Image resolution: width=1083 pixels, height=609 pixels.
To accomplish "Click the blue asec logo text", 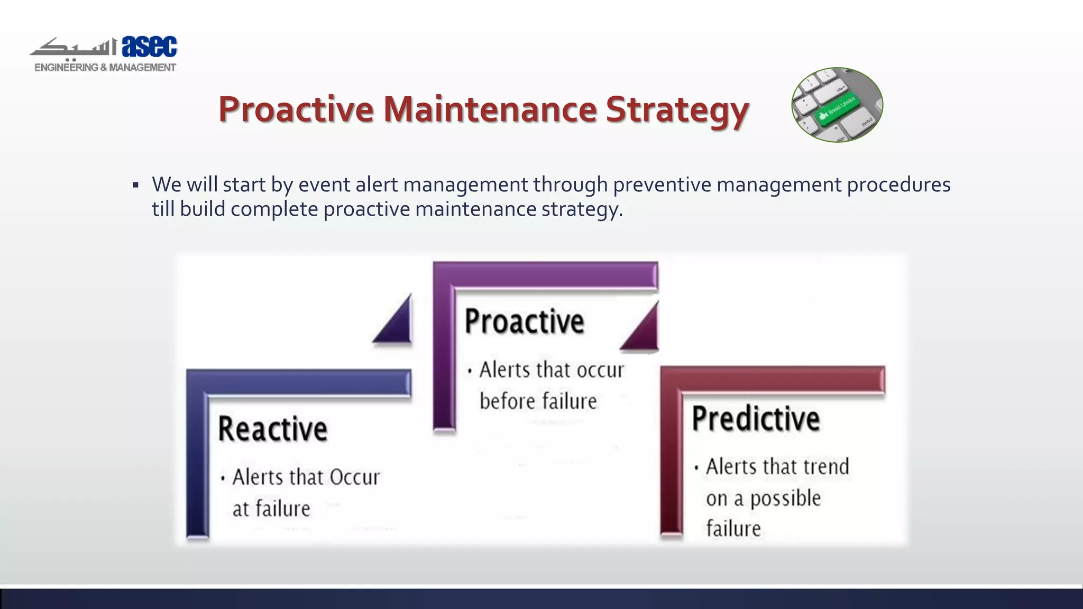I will click(149, 47).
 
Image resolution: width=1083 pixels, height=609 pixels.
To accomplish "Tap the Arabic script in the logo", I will click(74, 48).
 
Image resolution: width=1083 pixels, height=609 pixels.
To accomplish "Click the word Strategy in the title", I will click(677, 109).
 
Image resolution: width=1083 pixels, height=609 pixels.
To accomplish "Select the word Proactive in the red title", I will click(296, 109).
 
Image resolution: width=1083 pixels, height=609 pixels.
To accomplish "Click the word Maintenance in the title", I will click(490, 109).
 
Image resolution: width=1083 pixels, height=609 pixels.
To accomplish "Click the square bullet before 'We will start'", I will click(136, 186).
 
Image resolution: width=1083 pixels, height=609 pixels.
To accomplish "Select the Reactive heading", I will click(273, 429).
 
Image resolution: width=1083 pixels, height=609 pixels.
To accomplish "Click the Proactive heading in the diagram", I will click(524, 321).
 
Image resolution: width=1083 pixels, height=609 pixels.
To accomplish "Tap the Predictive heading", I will click(756, 419).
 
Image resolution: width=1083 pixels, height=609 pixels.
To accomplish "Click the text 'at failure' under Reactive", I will click(271, 509).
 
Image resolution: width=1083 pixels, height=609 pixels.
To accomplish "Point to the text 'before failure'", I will click(538, 401).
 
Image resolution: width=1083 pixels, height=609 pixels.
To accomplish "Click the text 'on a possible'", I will click(763, 498).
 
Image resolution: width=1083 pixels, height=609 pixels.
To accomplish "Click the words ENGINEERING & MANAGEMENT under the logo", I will click(105, 68).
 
